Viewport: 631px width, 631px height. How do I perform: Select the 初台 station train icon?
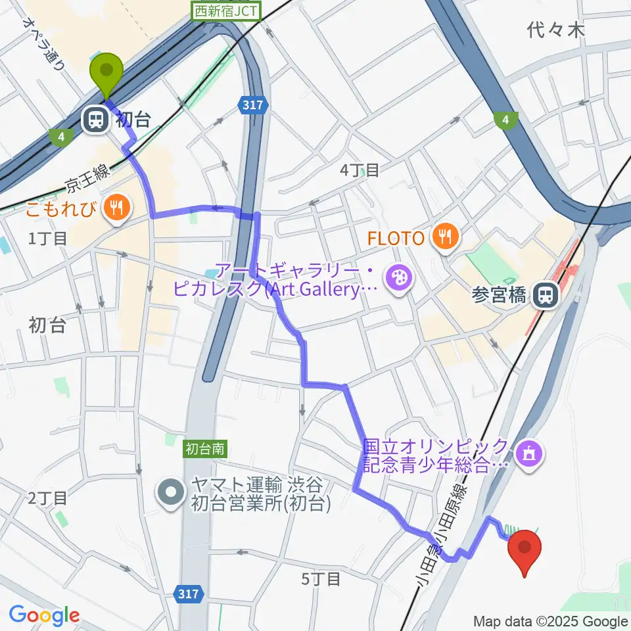coord(95,119)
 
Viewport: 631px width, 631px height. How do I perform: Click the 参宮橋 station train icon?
coord(546,294)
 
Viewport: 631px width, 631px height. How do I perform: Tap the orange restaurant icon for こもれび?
coord(118,209)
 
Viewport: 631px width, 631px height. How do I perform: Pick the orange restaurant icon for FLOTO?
coord(446,237)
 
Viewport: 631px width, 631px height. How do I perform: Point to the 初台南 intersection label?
coord(206,449)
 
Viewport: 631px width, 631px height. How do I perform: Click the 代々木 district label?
coord(556,30)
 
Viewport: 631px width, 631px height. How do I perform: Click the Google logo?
coord(44,616)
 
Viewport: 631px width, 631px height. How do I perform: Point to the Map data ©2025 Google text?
coord(551,621)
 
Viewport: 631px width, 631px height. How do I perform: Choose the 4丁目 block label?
coord(359,170)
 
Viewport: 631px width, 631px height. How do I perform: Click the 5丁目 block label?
coord(321,579)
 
